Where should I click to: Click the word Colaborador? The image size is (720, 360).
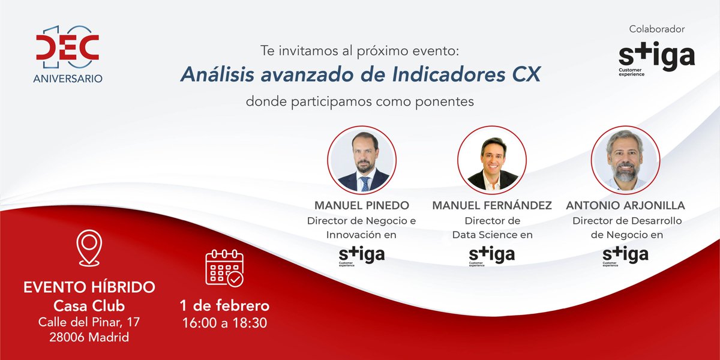pyautogui.click(x=656, y=29)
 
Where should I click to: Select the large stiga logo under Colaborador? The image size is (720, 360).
pyautogui.click(x=656, y=58)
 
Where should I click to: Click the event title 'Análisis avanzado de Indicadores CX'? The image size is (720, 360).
pyautogui.click(x=361, y=74)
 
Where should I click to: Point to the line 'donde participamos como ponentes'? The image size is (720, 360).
pyautogui.click(x=360, y=101)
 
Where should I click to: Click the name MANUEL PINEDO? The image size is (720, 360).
pyautogui.click(x=362, y=206)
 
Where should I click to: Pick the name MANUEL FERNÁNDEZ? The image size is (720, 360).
pyautogui.click(x=492, y=206)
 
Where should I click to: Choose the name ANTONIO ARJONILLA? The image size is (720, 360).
pyautogui.click(x=625, y=206)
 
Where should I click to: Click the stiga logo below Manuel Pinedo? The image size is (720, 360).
pyautogui.click(x=362, y=255)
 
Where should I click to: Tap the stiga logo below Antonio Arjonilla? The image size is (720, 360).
pyautogui.click(x=625, y=255)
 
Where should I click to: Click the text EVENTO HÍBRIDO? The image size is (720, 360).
pyautogui.click(x=89, y=287)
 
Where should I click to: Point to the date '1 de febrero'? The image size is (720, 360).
pyautogui.click(x=224, y=305)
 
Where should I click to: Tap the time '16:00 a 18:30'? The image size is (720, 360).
pyautogui.click(x=224, y=322)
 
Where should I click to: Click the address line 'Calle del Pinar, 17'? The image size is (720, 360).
pyautogui.click(x=89, y=322)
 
